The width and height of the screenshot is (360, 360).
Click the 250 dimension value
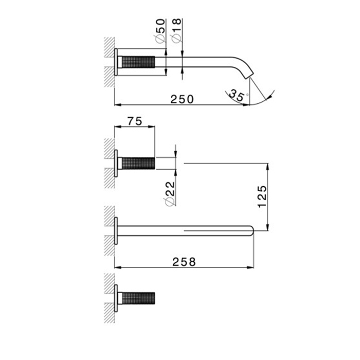pos(183,99)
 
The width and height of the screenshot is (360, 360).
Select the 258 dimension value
pos(184,262)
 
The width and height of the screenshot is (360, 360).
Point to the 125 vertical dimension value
pos(261,196)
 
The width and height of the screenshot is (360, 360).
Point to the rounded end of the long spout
pos(252,230)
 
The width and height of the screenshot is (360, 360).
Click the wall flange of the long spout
pos(117,230)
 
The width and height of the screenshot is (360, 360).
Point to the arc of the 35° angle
pos(262,101)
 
